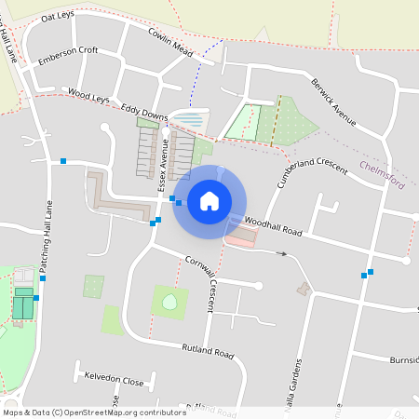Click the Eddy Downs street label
[144, 114]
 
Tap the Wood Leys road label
[88, 95]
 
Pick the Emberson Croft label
[67, 56]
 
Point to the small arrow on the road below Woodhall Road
[281, 252]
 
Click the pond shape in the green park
[169, 302]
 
